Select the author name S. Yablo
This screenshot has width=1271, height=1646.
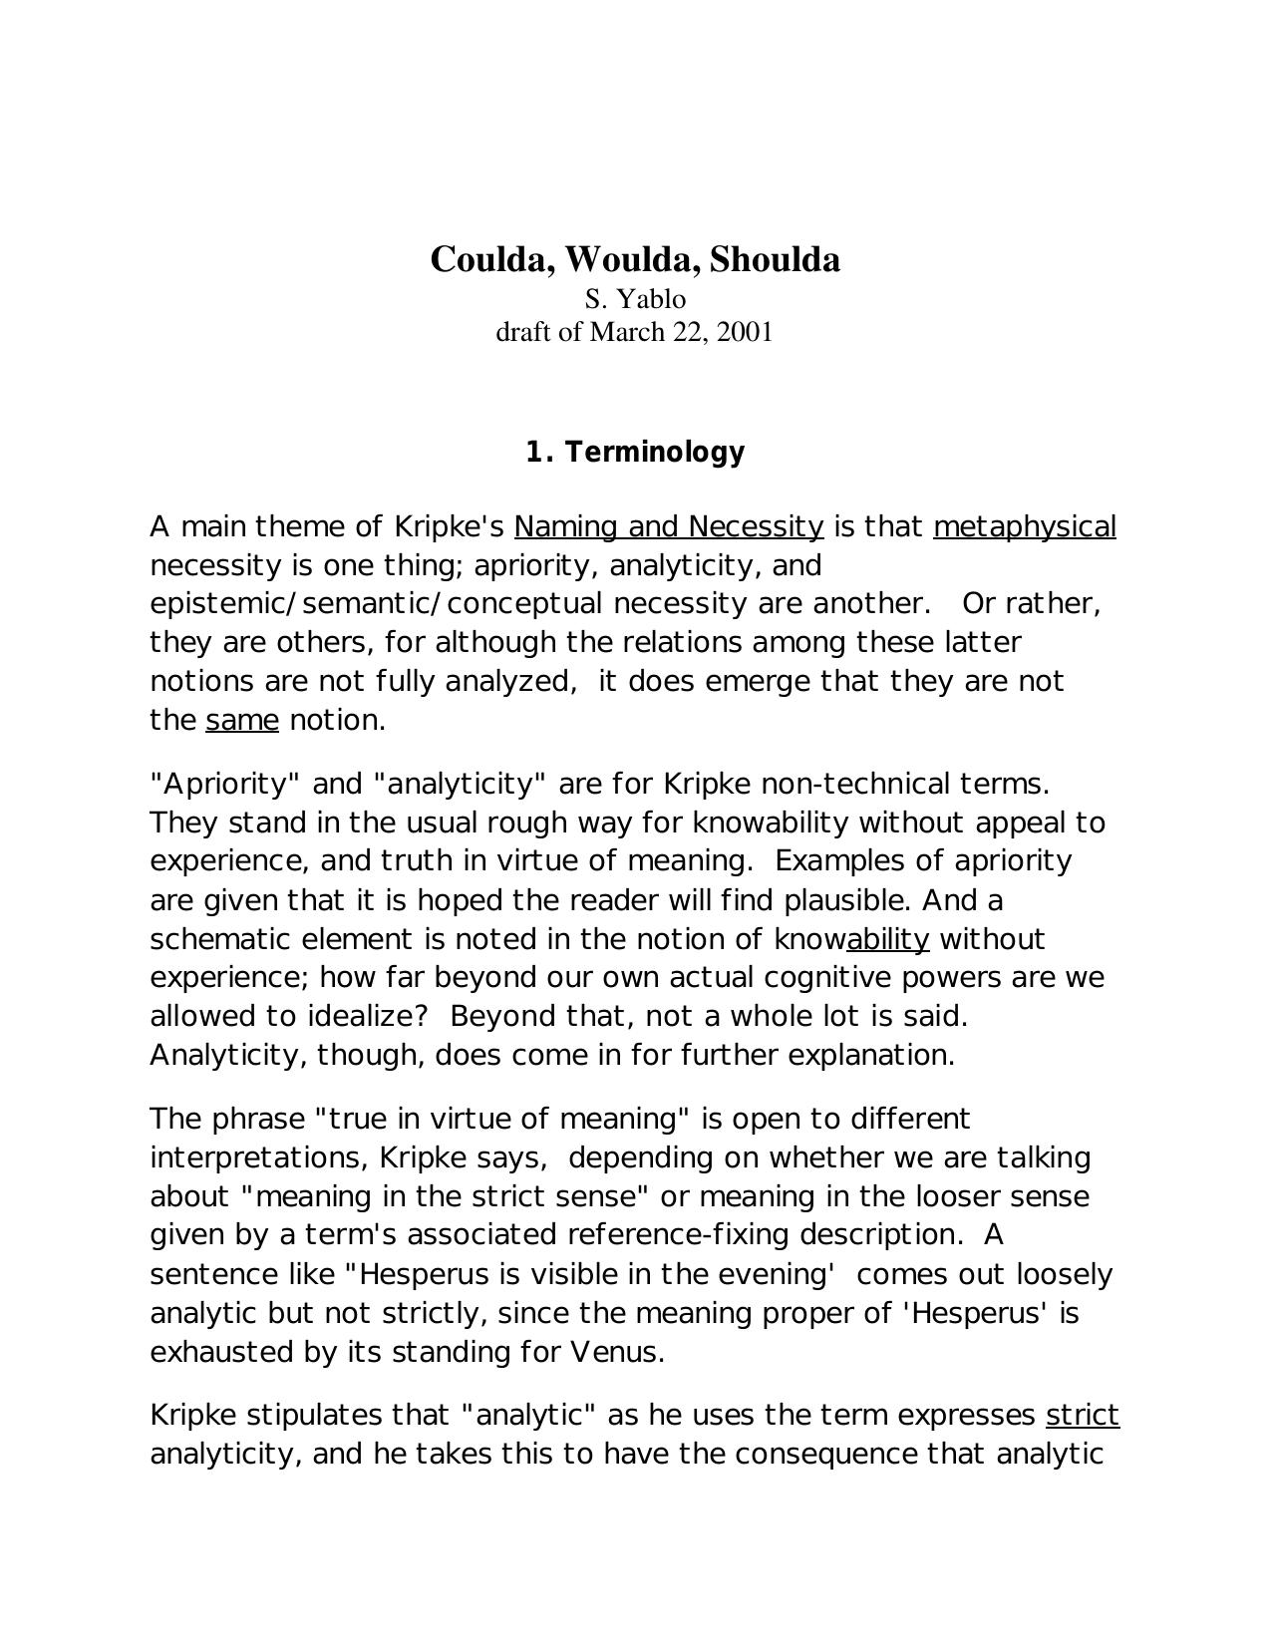tap(635, 299)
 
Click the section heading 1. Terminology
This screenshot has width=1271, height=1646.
tap(635, 453)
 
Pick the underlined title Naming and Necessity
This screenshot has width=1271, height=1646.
tap(669, 526)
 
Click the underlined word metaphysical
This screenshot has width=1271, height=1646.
tap(1025, 526)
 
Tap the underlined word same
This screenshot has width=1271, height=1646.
tap(242, 720)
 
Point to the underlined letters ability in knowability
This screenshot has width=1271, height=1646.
tap(887, 939)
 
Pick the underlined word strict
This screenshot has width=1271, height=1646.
tap(1083, 1416)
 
